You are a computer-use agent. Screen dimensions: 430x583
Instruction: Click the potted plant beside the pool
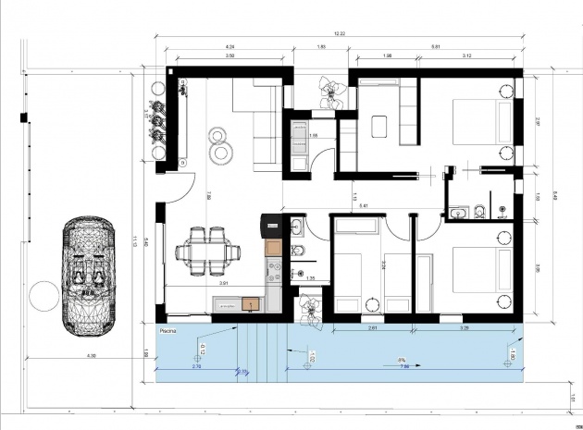[308, 307]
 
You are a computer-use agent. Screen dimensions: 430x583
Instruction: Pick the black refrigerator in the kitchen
[270, 225]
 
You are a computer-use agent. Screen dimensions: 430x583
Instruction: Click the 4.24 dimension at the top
[229, 45]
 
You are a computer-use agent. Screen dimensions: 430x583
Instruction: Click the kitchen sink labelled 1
[251, 302]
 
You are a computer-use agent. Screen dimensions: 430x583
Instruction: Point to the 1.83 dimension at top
[321, 45]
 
